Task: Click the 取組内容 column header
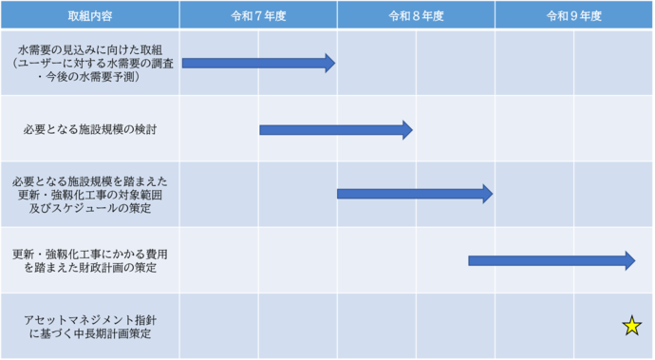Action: [x=89, y=16]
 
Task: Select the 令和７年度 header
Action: [x=257, y=16]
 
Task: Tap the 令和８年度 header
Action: [x=416, y=16]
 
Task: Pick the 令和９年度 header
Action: [x=573, y=16]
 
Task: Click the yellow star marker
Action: [x=631, y=327]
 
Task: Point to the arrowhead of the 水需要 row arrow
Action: [x=329, y=63]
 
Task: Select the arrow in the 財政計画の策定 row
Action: [x=551, y=260]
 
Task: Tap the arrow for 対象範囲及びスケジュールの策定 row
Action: [x=414, y=194]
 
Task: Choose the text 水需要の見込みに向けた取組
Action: [x=89, y=48]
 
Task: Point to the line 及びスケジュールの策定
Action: [x=89, y=209]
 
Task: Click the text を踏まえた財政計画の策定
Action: [x=89, y=269]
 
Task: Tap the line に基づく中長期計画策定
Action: [x=89, y=334]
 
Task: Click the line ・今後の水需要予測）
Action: [x=89, y=77]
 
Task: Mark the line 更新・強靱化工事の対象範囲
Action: [x=89, y=195]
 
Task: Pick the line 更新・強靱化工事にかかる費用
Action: [x=89, y=254]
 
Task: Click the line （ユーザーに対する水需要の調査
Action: [x=89, y=63]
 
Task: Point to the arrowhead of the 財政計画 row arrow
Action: [x=629, y=260]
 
